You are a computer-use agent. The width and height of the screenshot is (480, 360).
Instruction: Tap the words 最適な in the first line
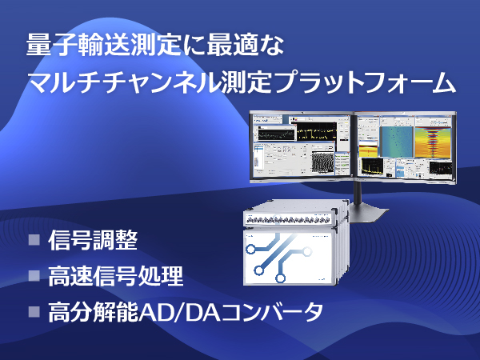pos(246,45)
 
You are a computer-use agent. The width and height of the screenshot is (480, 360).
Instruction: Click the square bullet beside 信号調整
pos(34,240)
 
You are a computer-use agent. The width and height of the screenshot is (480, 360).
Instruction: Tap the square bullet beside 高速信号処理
pos(34,275)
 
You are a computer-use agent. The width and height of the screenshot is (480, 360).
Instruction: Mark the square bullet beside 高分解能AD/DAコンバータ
pos(34,312)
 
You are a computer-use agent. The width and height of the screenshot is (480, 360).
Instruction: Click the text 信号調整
pos(93,240)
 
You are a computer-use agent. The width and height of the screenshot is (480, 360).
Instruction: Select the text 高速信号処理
pos(116,276)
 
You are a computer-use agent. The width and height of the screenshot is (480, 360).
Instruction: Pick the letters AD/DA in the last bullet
pos(179,312)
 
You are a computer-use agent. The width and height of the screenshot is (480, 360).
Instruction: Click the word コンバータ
pos(272,312)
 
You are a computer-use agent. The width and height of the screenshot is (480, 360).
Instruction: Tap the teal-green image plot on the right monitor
pos(397,142)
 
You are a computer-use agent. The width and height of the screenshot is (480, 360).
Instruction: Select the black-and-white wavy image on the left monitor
pos(322,162)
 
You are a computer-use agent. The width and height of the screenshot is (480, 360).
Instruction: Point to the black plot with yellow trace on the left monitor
pos(313,132)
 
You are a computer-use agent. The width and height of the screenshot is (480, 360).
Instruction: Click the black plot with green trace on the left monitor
pos(276,134)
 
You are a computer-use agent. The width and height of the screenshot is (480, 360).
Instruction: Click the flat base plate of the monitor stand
pos(367,214)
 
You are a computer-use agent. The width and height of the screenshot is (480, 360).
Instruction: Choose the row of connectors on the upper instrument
pos(288,219)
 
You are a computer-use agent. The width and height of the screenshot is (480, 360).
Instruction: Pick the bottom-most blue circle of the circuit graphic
pos(281,278)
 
